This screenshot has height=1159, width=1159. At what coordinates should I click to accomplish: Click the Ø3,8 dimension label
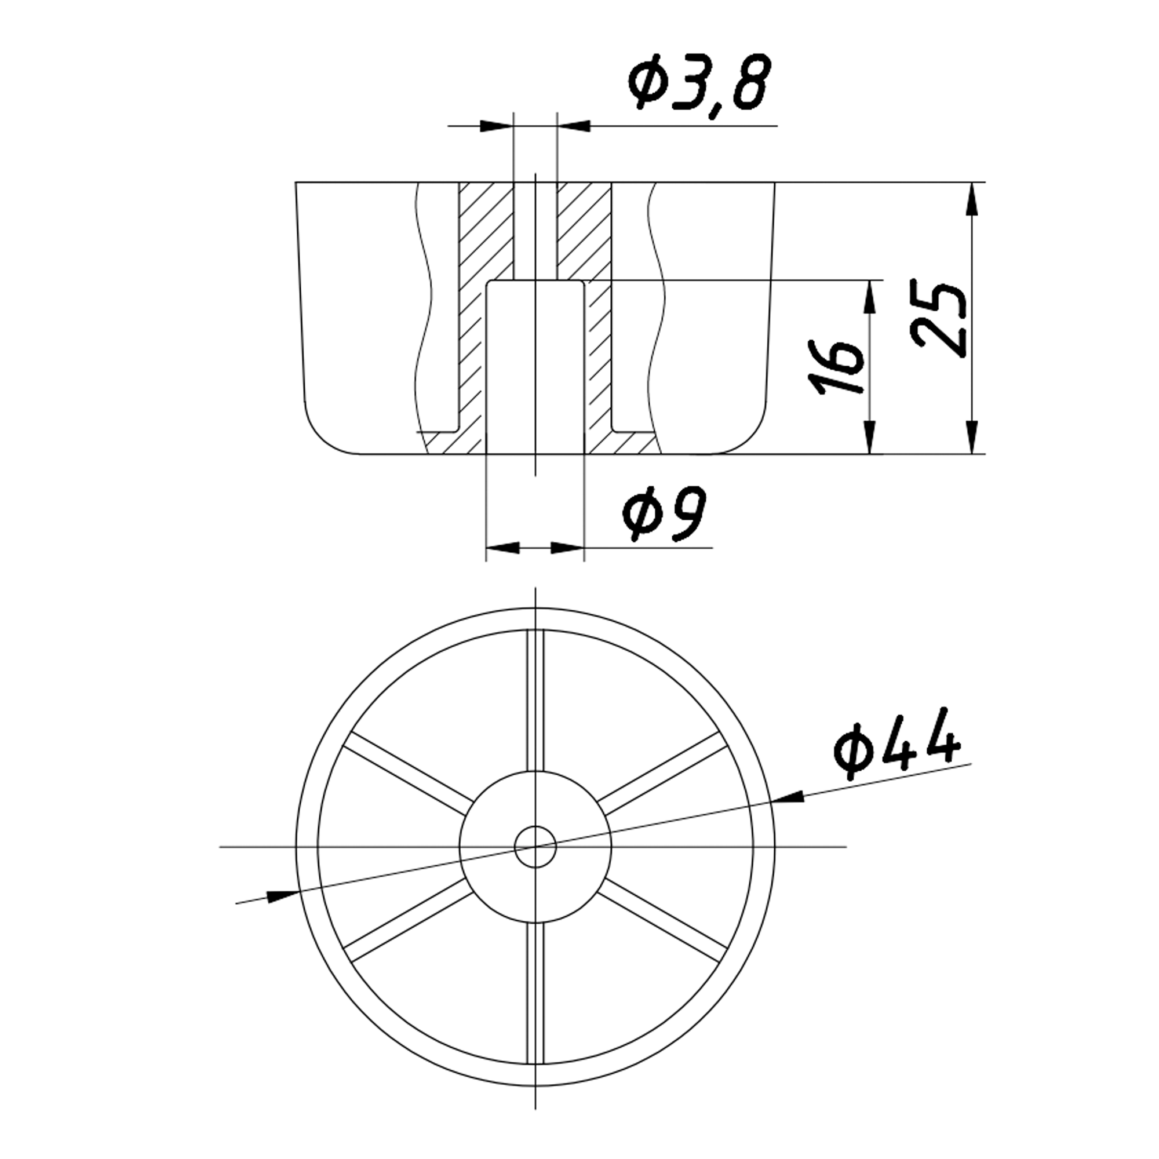point(698,83)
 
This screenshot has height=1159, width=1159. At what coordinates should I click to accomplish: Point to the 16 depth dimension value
point(836,367)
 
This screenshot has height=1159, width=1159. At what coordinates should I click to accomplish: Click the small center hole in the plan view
point(535,847)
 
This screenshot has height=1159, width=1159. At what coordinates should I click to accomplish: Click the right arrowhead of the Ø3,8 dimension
point(574,126)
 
